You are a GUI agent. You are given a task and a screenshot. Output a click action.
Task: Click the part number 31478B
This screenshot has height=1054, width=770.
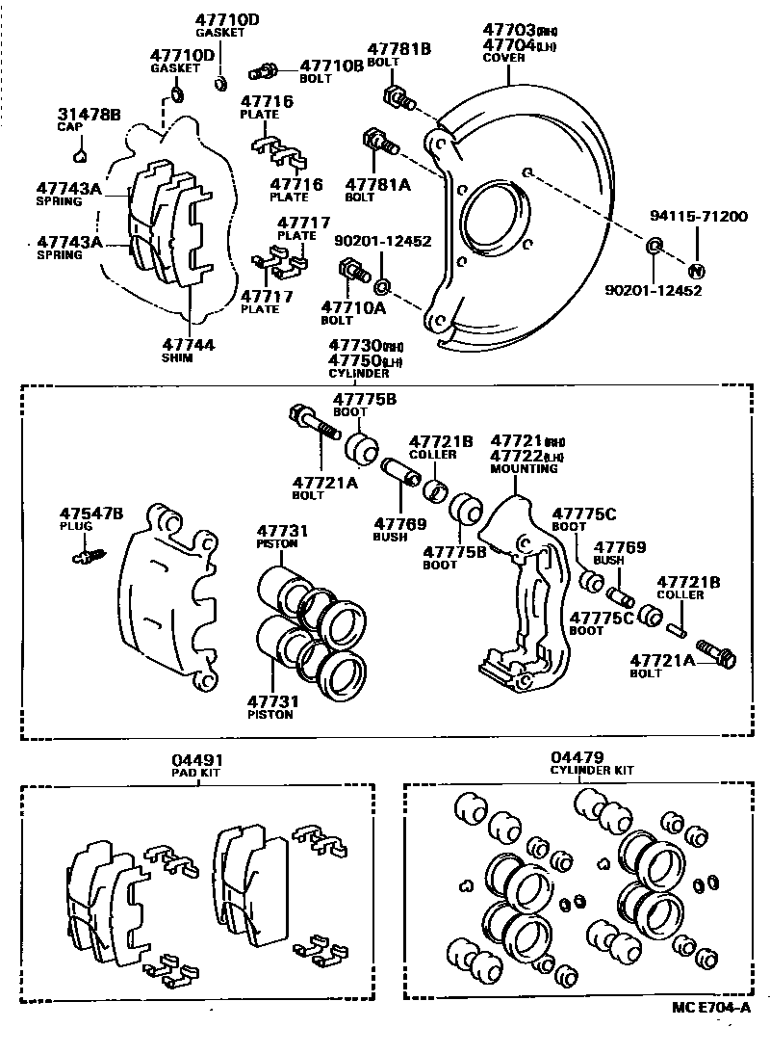(x=89, y=115)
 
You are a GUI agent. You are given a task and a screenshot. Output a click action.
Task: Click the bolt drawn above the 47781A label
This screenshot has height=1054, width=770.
(x=379, y=144)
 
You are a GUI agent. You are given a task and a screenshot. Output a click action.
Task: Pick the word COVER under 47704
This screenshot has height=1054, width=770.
(x=503, y=58)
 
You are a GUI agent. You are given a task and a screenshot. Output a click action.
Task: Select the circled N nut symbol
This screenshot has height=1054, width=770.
(x=698, y=271)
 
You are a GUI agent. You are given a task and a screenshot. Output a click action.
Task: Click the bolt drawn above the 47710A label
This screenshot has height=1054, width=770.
(x=350, y=273)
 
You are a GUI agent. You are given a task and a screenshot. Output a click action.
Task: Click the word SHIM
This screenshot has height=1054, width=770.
(x=177, y=357)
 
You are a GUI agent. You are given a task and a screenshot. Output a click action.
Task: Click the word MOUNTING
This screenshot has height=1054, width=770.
(x=524, y=469)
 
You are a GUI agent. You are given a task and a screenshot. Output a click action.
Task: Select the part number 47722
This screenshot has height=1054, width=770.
(x=514, y=456)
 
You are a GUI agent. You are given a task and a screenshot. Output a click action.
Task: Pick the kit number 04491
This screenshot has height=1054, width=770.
(x=198, y=760)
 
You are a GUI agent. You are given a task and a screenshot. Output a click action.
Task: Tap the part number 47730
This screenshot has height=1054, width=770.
(x=352, y=345)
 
